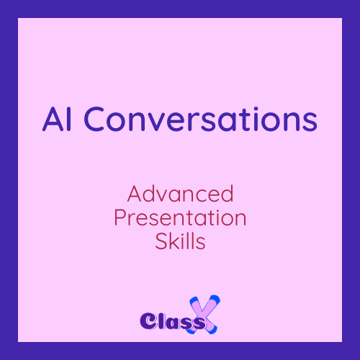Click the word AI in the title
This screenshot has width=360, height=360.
pos(57,119)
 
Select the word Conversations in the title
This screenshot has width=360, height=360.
pos(200,119)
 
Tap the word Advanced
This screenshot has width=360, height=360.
pos(180,194)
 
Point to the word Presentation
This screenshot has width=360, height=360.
pos(180,217)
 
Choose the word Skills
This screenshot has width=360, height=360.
pos(180,241)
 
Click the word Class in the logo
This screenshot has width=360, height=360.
pos(172,321)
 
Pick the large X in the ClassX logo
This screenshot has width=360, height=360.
pos(204,315)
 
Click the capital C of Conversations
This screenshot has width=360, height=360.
pos(94,119)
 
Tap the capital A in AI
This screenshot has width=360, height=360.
pos(53,119)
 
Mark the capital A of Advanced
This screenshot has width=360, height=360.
pos(135,194)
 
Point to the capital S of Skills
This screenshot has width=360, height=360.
pos(161,241)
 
